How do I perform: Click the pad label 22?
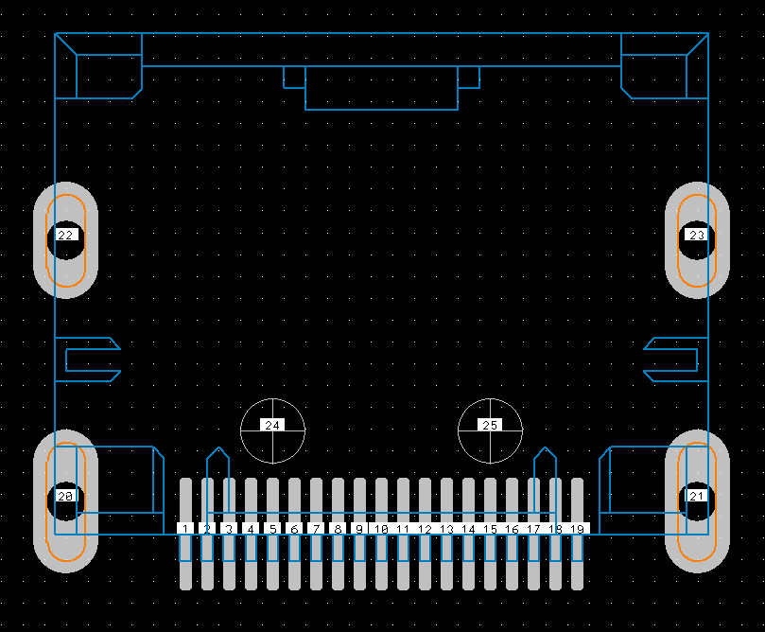point(66,235)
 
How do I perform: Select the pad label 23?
point(697,235)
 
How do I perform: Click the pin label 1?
point(185,529)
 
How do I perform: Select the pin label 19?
point(578,529)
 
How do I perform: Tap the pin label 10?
point(381,529)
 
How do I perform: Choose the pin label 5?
point(272,529)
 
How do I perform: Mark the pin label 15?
point(490,529)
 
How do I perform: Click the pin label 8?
point(338,529)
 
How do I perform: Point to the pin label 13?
point(446,529)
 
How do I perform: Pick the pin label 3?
point(229,529)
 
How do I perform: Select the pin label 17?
point(533,529)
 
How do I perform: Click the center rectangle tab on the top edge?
point(381,88)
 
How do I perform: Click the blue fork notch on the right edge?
point(673,360)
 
